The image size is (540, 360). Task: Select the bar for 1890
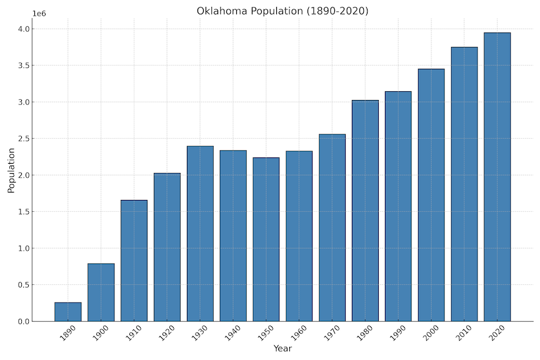pyautogui.click(x=67, y=312)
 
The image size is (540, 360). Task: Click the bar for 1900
pyautogui.click(x=101, y=292)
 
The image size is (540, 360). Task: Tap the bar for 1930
pyautogui.click(x=200, y=234)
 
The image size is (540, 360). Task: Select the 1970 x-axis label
pyautogui.click(x=332, y=334)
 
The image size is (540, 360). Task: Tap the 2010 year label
pyautogui.click(x=465, y=334)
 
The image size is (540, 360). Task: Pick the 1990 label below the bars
pyautogui.click(x=399, y=334)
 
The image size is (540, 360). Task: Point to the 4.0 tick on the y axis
pyautogui.click(x=24, y=29)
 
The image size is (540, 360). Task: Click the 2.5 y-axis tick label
pyautogui.click(x=24, y=139)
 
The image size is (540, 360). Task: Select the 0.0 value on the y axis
pyautogui.click(x=24, y=321)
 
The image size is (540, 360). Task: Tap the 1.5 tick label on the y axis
pyautogui.click(x=24, y=212)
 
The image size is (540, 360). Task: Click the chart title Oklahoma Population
pyautogui.click(x=282, y=11)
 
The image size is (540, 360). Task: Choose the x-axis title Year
pyautogui.click(x=282, y=348)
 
